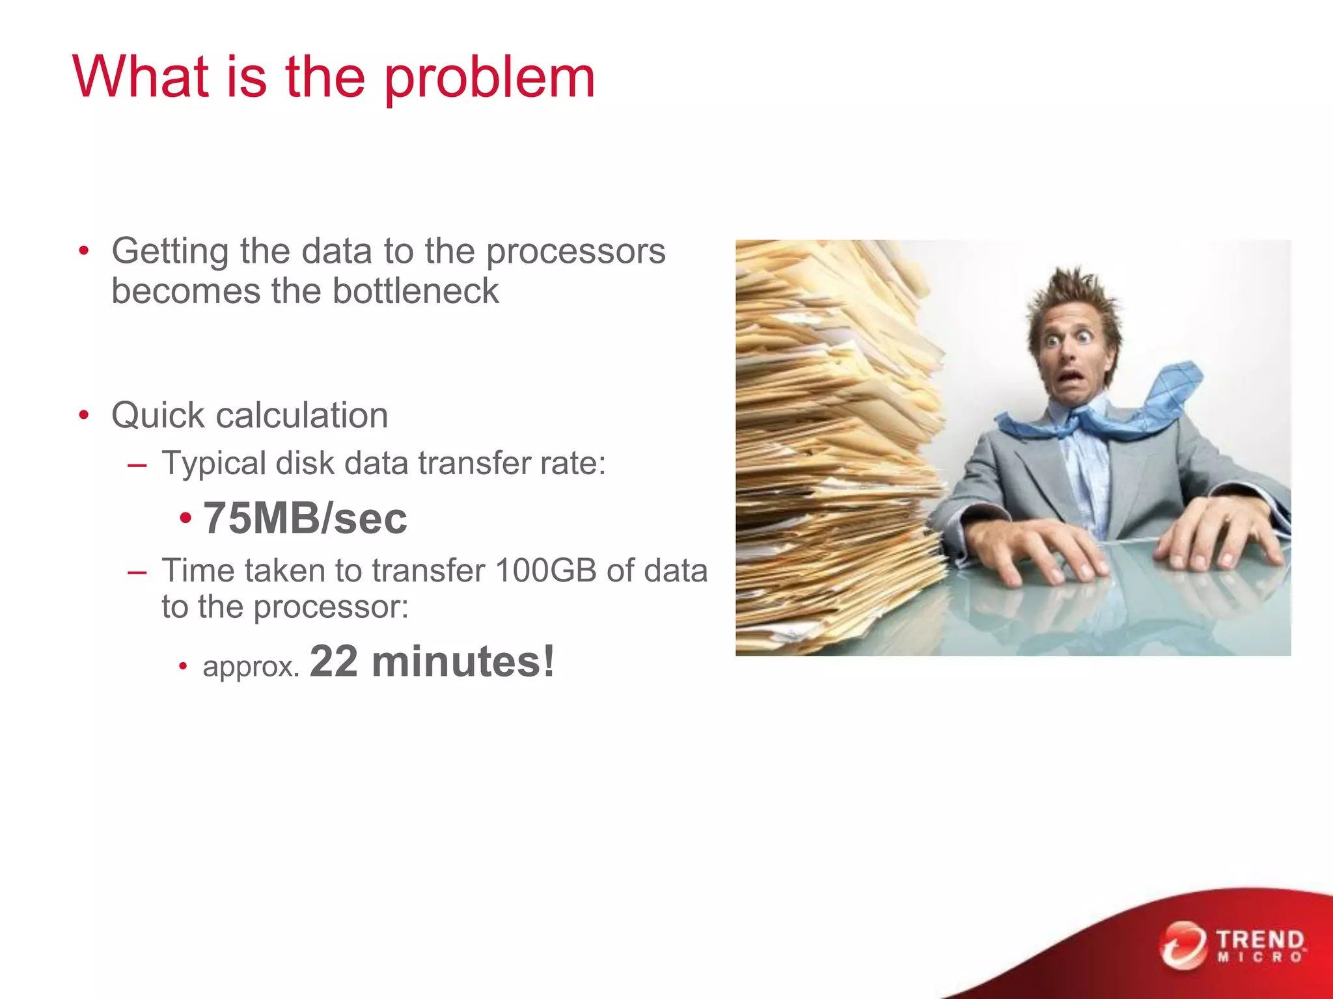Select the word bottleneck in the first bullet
tap(415, 291)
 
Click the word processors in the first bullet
tap(576, 252)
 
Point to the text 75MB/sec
tap(305, 518)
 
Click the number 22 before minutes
tap(334, 662)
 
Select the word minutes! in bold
tap(463, 662)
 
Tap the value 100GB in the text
tap(545, 571)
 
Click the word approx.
tap(251, 667)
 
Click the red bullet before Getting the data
tap(83, 251)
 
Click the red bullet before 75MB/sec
tap(186, 519)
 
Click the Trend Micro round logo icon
tap(1182, 944)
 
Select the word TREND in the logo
tap(1260, 940)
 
